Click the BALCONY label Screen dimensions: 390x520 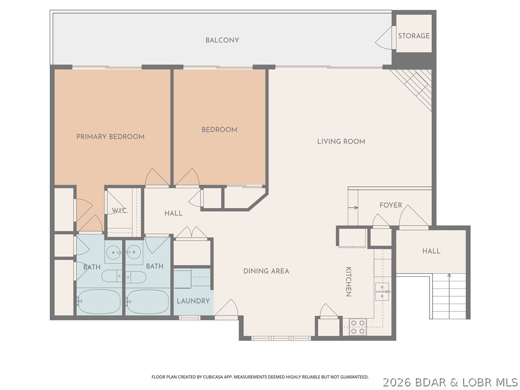[x=222, y=40]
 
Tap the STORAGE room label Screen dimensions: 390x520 [x=413, y=36]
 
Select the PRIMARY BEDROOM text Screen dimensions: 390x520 [x=110, y=137]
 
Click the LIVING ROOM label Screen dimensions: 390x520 [x=341, y=141]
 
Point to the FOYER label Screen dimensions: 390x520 [x=391, y=205]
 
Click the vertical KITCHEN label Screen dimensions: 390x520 [x=349, y=281]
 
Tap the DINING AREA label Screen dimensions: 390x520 [x=266, y=271]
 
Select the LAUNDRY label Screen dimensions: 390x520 [x=193, y=301]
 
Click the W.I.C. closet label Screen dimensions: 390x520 [x=119, y=211]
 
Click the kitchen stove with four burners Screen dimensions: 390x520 [x=357, y=327]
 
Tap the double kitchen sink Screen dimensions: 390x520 [x=382, y=289]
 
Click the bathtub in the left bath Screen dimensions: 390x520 [x=99, y=302]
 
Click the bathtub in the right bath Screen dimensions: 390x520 [x=147, y=302]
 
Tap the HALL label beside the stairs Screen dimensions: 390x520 [x=431, y=251]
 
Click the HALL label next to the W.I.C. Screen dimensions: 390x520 [x=173, y=213]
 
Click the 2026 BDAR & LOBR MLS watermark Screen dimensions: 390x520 [x=450, y=381]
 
